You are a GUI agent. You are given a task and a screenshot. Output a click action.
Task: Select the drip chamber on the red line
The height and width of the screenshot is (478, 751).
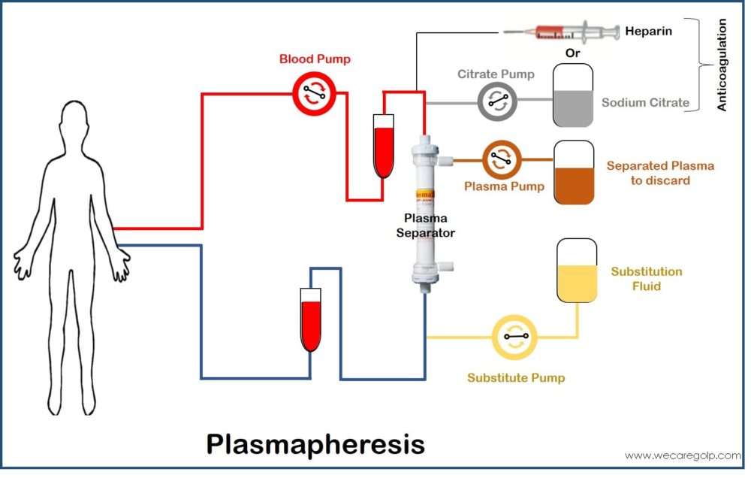point(384,146)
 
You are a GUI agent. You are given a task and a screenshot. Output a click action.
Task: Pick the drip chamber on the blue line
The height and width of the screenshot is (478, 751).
point(310,320)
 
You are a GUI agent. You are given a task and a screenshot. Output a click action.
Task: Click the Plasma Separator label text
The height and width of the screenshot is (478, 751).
point(426,225)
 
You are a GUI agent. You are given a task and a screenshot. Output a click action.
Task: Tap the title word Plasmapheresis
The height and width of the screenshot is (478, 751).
point(315,443)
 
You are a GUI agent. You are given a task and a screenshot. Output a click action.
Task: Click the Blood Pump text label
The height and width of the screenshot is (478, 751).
point(315,59)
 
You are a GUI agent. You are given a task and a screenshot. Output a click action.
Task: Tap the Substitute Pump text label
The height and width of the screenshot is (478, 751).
point(516,377)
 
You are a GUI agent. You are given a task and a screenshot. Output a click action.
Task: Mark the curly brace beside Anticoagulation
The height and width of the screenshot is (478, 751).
point(704,65)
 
